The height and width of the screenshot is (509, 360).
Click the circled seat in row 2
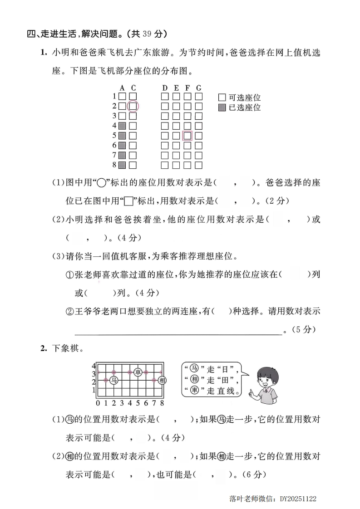click(x=133, y=106)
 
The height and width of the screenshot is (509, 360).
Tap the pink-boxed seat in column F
click(x=187, y=136)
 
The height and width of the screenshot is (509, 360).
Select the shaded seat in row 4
click(x=122, y=126)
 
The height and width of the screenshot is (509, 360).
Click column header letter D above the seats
click(x=165, y=88)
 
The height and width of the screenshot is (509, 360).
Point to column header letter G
click(x=199, y=88)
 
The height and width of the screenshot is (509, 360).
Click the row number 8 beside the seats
click(x=114, y=165)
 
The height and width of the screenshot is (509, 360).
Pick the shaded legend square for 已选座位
click(x=222, y=108)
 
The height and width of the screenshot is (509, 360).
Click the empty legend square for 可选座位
click(x=222, y=98)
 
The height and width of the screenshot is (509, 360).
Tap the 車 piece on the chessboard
click(x=138, y=372)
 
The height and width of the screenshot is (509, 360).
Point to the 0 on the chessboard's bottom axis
click(x=98, y=402)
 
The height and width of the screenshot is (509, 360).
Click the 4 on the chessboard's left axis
click(x=94, y=366)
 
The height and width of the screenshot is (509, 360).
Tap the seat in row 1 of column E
click(x=176, y=96)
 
